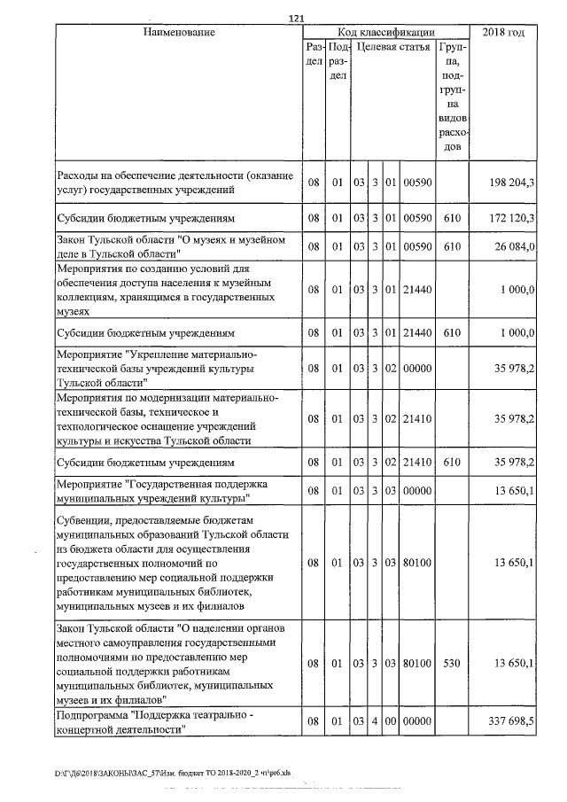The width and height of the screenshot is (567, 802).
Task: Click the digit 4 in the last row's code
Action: pyautogui.click(x=375, y=722)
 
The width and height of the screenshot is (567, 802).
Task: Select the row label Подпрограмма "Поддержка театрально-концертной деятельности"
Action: pyautogui.click(x=155, y=722)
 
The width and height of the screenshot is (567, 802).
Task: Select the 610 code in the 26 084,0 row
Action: pyautogui.click(x=453, y=246)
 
